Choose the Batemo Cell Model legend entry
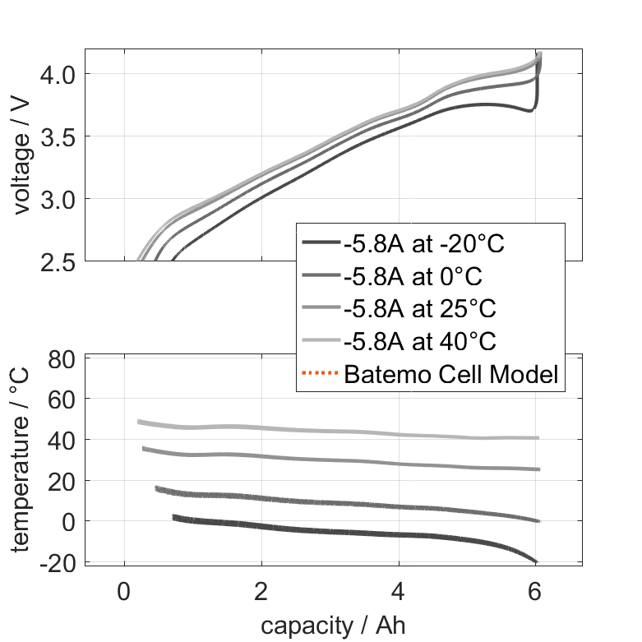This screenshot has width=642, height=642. point(451,375)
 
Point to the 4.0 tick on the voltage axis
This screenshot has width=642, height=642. point(56,74)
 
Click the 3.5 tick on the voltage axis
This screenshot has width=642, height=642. point(56,136)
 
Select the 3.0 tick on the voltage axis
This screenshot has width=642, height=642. point(56,199)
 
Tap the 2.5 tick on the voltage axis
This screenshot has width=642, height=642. point(56,261)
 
